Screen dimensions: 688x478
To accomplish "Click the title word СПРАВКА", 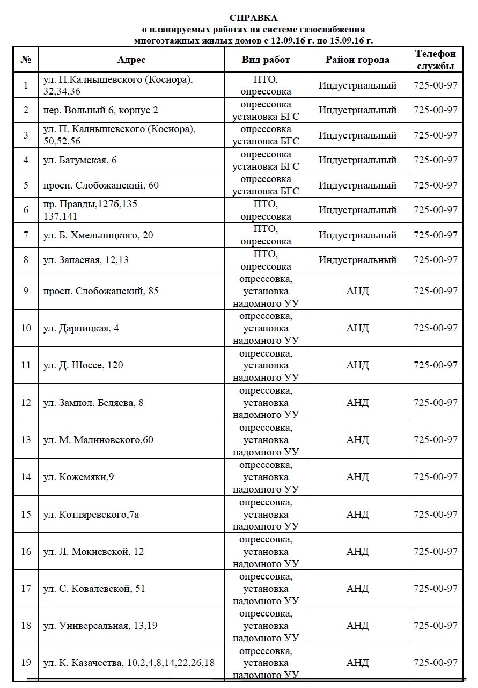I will point(253,18).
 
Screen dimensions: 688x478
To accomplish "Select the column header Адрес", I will point(131,60).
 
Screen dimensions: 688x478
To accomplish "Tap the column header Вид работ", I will point(266,60).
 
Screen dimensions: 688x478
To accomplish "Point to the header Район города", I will point(357,60).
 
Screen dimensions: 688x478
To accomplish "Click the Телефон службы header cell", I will point(436,60).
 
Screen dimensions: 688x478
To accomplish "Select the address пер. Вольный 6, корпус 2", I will point(101,110).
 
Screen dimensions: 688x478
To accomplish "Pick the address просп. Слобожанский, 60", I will point(101,185).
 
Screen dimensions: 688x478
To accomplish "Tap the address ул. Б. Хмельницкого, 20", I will point(98,235).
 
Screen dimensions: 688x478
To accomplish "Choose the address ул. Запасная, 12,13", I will point(86,260).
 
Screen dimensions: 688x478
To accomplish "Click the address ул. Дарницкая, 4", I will point(81,328).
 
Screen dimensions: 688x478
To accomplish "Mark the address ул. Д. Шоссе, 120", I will point(83,365).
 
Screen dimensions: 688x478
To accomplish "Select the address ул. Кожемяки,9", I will point(78,477).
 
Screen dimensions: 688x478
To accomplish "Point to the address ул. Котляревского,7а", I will point(92,515).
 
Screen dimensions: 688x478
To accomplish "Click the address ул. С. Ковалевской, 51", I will point(94,589).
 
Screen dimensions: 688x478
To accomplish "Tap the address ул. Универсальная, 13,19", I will point(100,626).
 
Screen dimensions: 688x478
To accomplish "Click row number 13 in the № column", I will point(26,440).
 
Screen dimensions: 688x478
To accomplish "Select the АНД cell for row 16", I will point(357,552).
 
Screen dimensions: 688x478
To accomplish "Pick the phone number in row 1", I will point(436,85).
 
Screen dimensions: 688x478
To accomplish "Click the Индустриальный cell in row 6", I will point(357,210).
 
